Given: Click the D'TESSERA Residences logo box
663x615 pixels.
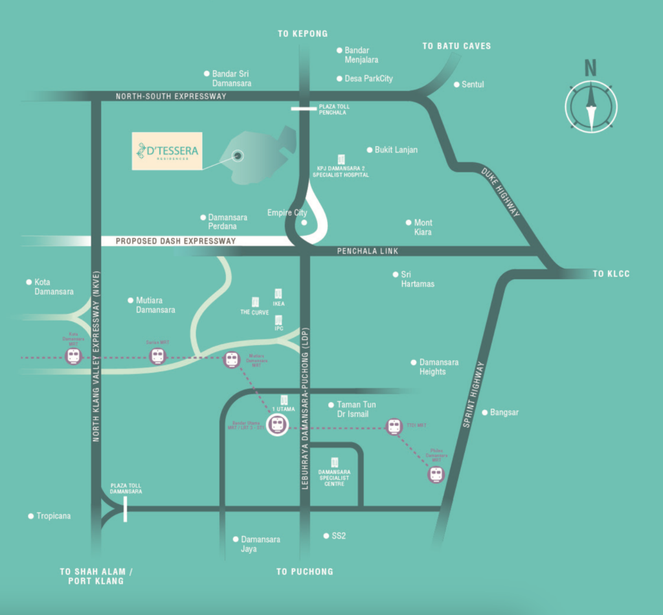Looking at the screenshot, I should pos(167,151).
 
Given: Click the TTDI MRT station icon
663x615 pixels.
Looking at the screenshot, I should pos(394,426).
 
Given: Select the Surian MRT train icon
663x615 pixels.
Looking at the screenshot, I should pos(157,356).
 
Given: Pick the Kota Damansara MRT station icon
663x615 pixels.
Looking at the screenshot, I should pos(73,356).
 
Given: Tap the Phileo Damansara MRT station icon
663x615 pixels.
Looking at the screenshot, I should pos(436,475).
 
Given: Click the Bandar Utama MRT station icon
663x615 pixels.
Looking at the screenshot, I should pos(277,425).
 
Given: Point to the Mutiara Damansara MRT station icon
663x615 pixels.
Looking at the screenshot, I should pos(232,359).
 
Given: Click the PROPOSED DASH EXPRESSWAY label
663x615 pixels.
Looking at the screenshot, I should pos(175,241).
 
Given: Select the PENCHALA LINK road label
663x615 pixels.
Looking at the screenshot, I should pos(368,251).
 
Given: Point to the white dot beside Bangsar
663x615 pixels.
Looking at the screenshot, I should pos(484,412).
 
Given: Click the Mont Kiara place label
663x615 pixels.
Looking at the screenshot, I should pos(423,227).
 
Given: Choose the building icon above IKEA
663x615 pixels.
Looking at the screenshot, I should pos(278,294).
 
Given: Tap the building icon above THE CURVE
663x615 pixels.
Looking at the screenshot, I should pos(255,302).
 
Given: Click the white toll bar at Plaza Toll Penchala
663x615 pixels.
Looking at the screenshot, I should pos(304,109).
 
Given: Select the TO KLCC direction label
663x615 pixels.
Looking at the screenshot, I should pos(611,274).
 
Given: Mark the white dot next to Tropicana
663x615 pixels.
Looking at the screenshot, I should pos(30,516).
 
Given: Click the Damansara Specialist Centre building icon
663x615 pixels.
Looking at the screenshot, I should pos(335,462).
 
